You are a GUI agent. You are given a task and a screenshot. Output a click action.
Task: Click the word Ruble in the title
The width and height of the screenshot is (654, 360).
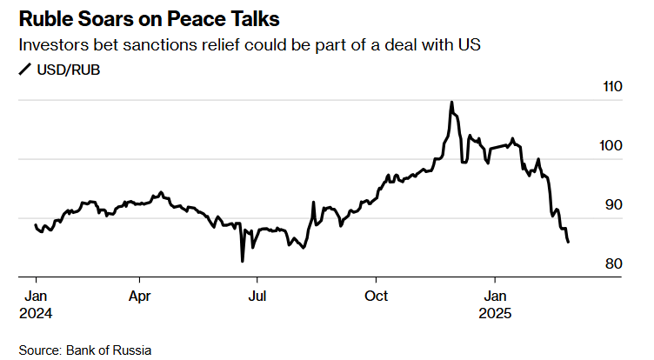(x=46, y=18)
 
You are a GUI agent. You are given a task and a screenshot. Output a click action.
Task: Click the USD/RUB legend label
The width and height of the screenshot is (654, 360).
(x=68, y=70)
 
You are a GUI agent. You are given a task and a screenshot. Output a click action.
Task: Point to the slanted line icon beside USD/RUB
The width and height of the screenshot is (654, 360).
(x=24, y=70)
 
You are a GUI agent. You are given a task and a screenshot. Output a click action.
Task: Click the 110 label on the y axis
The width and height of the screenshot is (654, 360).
(x=613, y=87)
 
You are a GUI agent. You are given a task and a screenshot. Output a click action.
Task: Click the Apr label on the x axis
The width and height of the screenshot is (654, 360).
(x=140, y=295)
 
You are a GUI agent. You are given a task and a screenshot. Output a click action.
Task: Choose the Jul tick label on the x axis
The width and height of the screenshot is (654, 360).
(x=257, y=295)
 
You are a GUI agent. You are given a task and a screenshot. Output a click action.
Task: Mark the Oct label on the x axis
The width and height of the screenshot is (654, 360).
(x=376, y=295)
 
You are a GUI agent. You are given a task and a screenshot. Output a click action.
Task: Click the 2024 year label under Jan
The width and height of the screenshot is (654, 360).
(x=36, y=312)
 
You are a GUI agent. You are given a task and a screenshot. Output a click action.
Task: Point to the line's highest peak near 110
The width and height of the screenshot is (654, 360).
(x=451, y=102)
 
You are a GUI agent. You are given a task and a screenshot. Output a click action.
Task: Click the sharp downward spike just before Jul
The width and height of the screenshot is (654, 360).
(x=243, y=260)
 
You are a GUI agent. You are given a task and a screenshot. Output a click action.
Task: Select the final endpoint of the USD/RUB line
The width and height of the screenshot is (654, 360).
(x=568, y=242)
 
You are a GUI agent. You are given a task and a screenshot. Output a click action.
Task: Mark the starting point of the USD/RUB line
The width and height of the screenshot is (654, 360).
(x=35, y=225)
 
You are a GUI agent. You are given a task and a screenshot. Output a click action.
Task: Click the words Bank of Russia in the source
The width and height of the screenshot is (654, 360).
(x=114, y=350)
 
